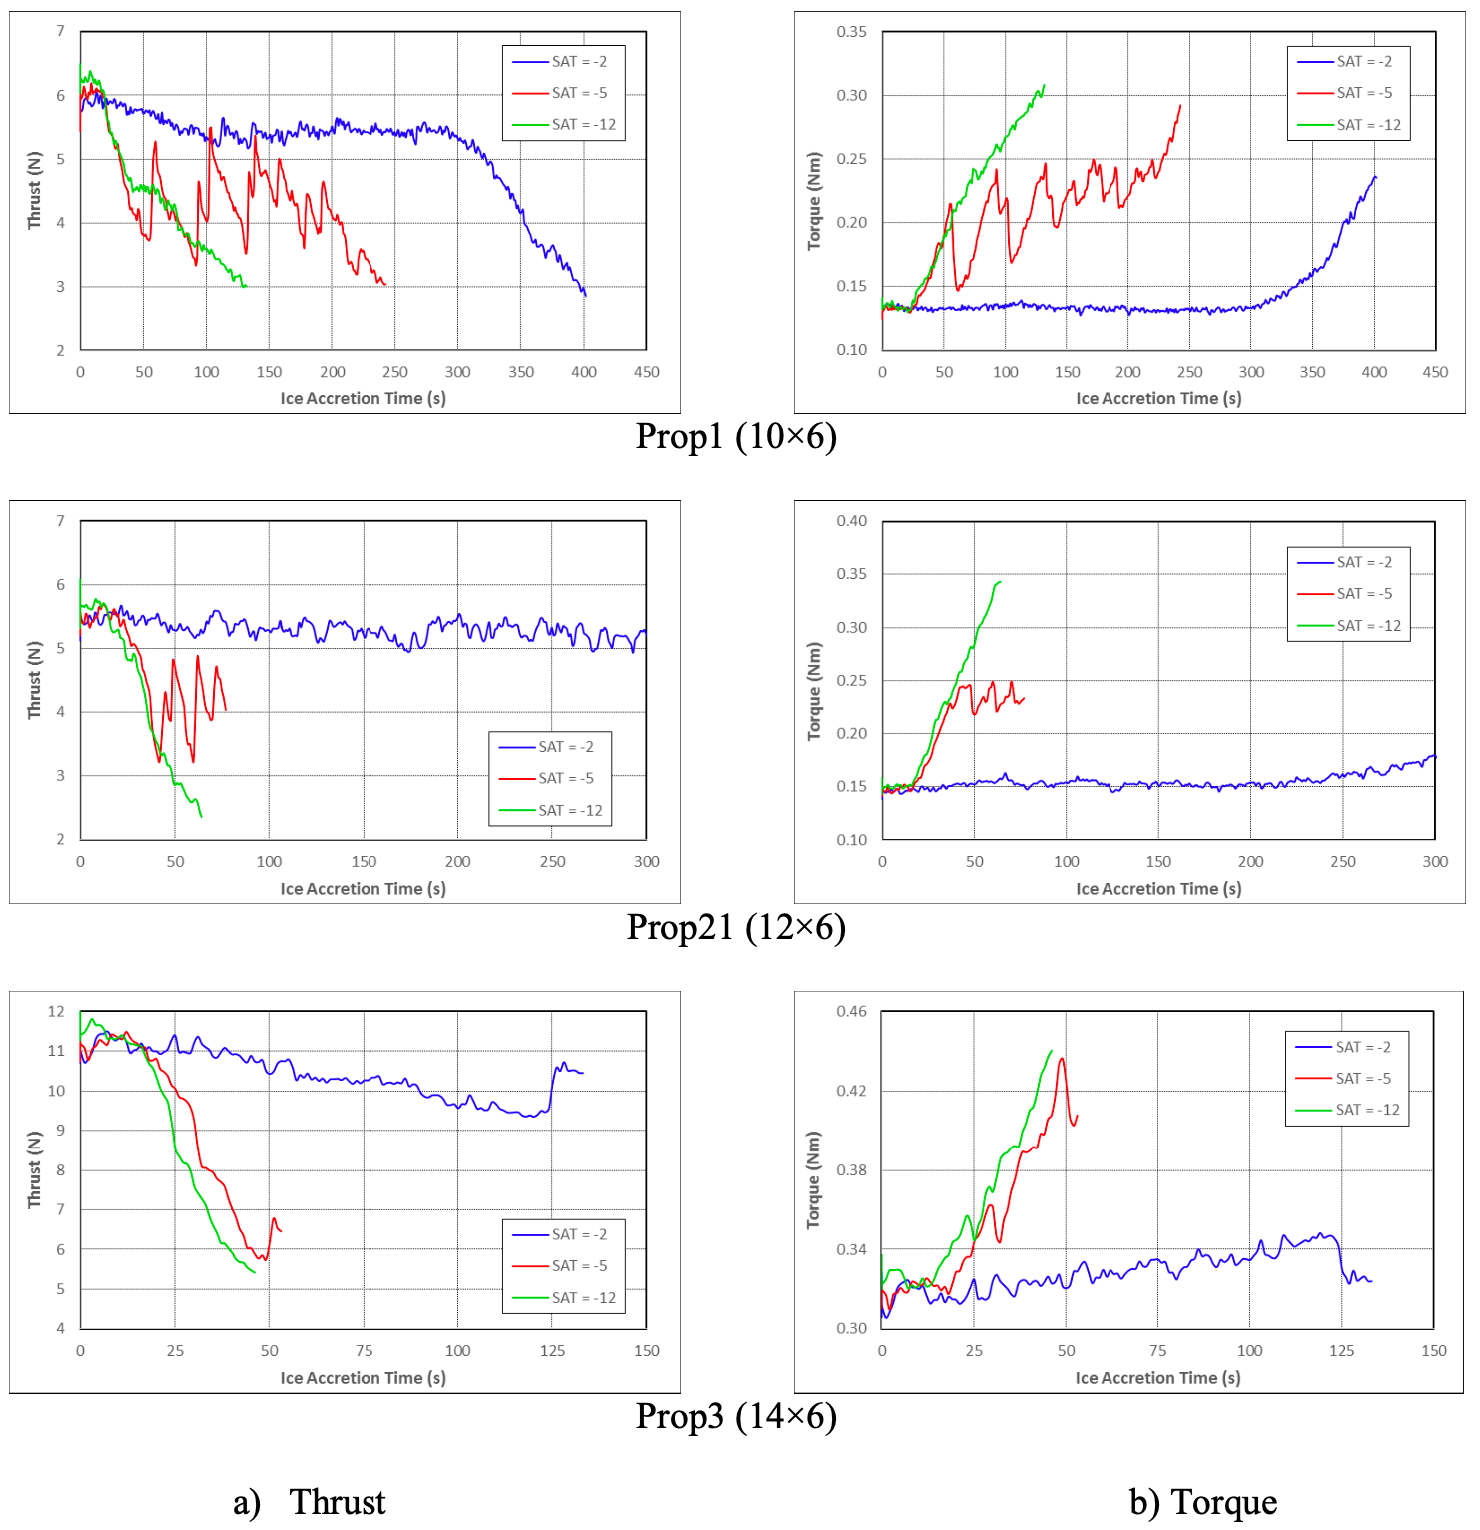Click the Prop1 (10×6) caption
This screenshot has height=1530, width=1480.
click(x=736, y=436)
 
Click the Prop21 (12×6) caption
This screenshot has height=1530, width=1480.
click(x=736, y=927)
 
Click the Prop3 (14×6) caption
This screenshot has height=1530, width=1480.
click(x=736, y=1416)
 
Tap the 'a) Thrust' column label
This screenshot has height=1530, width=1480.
click(x=310, y=1502)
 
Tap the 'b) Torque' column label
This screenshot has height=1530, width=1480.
click(x=1203, y=1502)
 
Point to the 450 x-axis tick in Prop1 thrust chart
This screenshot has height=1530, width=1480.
click(x=646, y=372)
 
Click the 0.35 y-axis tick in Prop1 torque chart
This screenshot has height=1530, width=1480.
click(x=851, y=32)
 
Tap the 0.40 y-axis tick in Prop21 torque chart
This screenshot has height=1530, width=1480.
click(x=851, y=521)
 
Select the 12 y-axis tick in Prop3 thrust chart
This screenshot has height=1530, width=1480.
click(x=56, y=1011)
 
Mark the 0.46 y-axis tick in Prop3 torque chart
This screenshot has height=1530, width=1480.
click(x=851, y=1011)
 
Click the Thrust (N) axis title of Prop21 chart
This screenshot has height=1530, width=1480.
click(x=34, y=680)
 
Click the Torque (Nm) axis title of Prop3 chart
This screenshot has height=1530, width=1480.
click(x=813, y=1179)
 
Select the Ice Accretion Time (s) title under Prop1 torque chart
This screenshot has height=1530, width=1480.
click(x=1158, y=398)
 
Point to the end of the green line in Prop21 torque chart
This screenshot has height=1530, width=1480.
click(x=1000, y=581)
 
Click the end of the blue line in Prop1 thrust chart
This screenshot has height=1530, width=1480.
click(x=586, y=296)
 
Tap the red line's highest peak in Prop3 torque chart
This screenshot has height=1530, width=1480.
click(x=1061, y=1059)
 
